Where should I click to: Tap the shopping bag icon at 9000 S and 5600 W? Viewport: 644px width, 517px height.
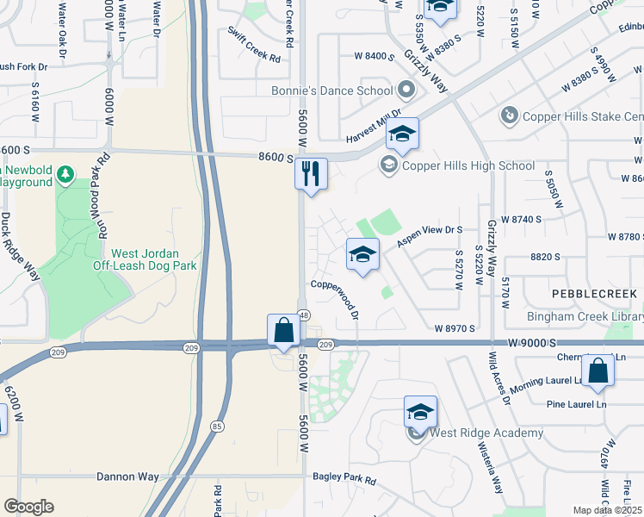point(283,330)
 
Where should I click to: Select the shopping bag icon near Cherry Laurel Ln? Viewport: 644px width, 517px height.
point(598,371)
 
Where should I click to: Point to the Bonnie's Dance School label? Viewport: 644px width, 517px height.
point(331,90)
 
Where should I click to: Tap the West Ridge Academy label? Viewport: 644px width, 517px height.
point(487,433)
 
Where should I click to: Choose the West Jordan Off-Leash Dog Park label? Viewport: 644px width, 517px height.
point(145,259)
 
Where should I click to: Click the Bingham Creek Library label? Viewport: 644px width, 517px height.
point(585,317)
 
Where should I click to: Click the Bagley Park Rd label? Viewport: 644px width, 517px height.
point(344,479)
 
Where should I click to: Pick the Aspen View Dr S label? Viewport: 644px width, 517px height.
point(430,237)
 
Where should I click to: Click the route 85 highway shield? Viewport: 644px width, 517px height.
point(217,426)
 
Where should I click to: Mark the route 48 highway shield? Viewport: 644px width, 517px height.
point(304,315)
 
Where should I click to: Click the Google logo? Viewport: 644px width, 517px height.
point(28,507)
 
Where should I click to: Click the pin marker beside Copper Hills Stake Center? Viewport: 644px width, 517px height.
point(509,115)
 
